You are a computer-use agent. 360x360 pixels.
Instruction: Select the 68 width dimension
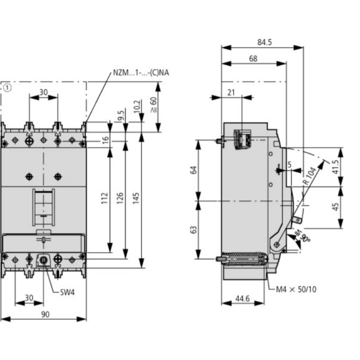[x=253, y=59]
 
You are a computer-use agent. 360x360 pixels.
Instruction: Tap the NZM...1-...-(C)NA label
[x=141, y=73]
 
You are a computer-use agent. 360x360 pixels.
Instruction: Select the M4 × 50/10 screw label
[x=296, y=289]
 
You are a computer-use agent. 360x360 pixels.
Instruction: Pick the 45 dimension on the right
[x=335, y=207]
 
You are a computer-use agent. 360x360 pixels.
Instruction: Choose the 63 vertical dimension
[x=194, y=229]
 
